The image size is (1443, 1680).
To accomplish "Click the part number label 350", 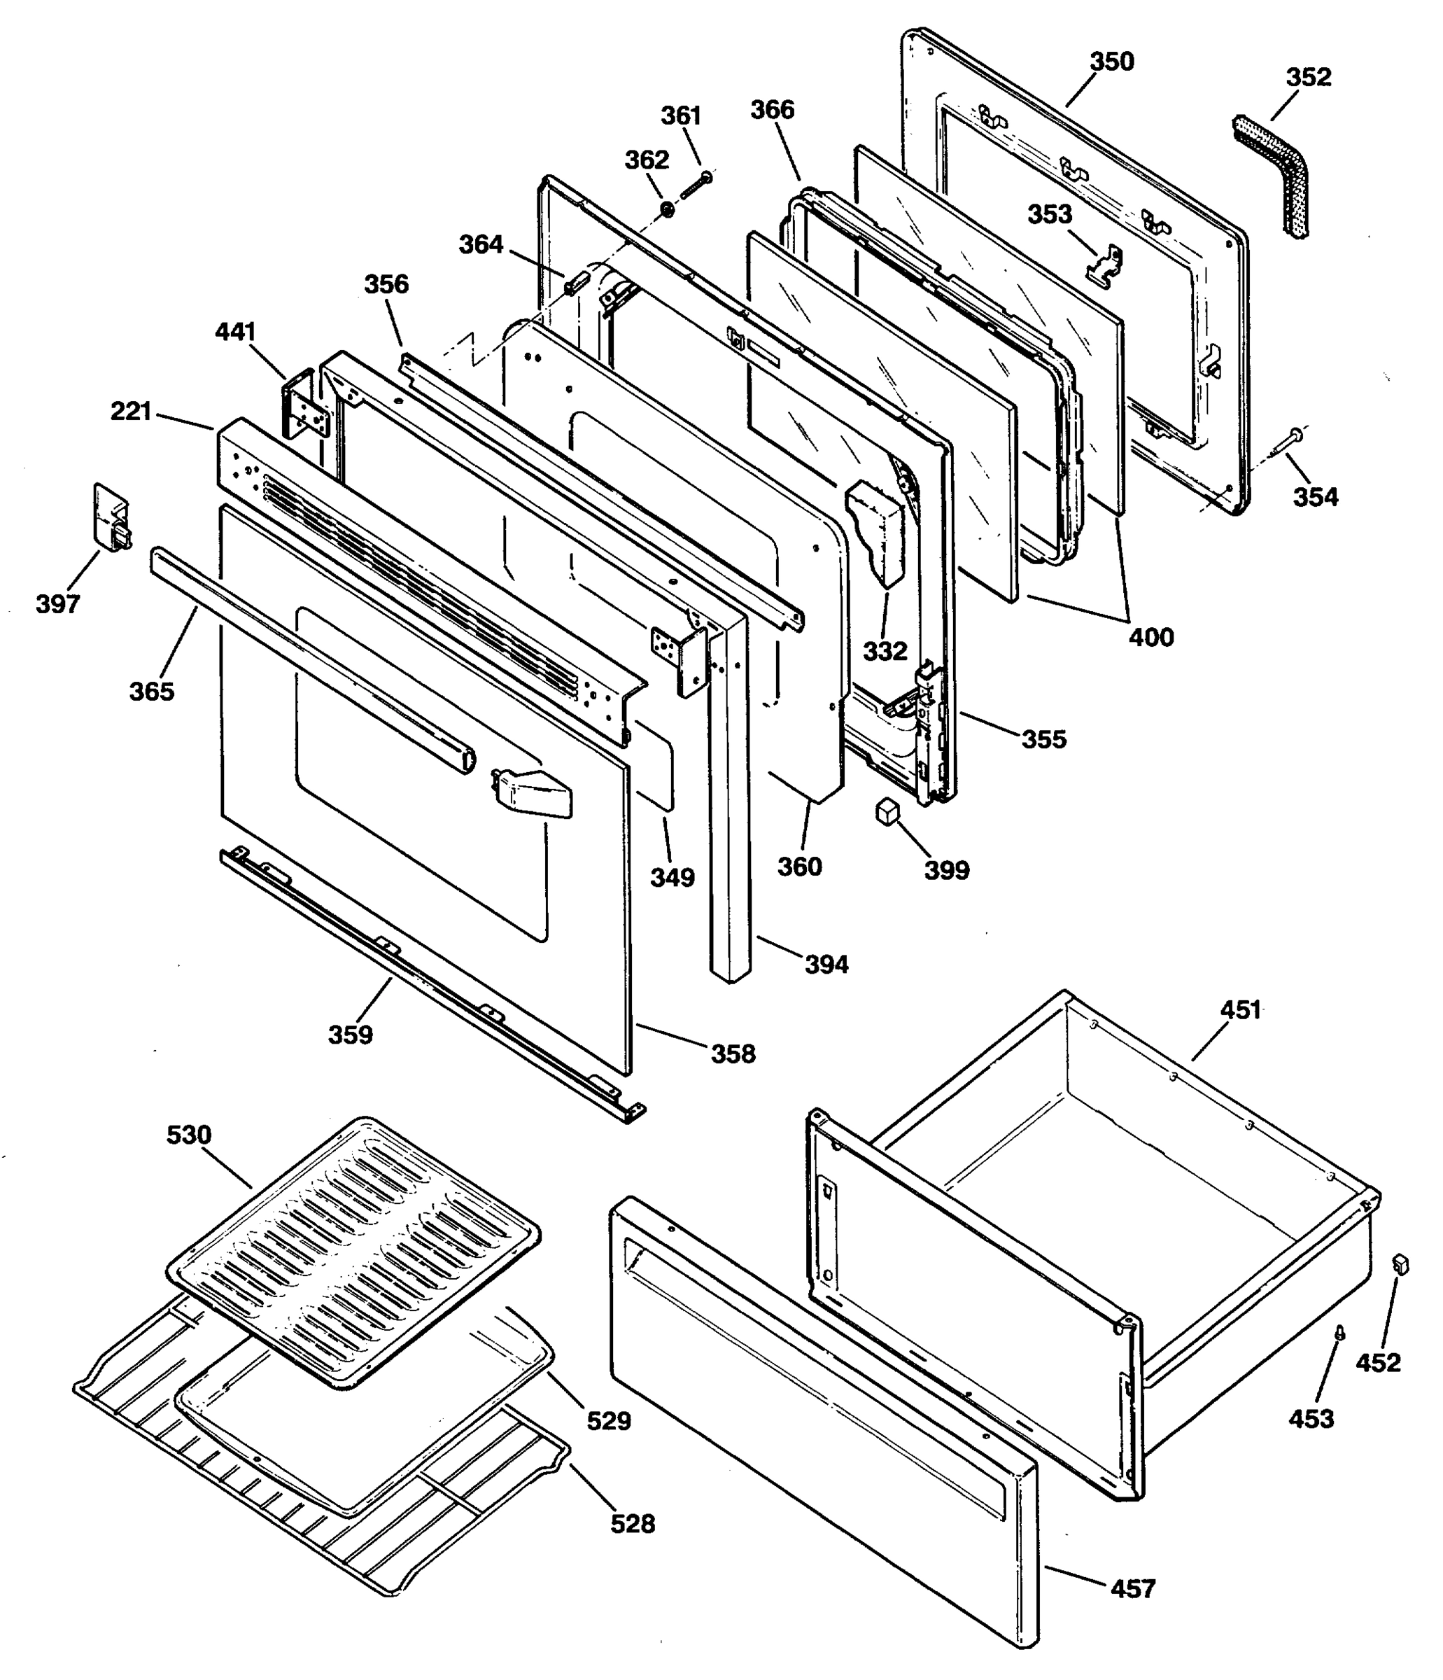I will [1111, 62].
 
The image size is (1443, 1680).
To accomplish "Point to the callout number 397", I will [58, 603].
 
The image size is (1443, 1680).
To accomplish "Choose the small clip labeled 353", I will [1107, 266].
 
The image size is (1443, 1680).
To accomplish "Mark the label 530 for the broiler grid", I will [189, 1135].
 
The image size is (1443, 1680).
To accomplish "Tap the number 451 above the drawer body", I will [1240, 1010].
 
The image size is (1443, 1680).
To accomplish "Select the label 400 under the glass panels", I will [1151, 637].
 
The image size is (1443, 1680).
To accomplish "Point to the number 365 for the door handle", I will [152, 691].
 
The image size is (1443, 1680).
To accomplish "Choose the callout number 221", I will [132, 412].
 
